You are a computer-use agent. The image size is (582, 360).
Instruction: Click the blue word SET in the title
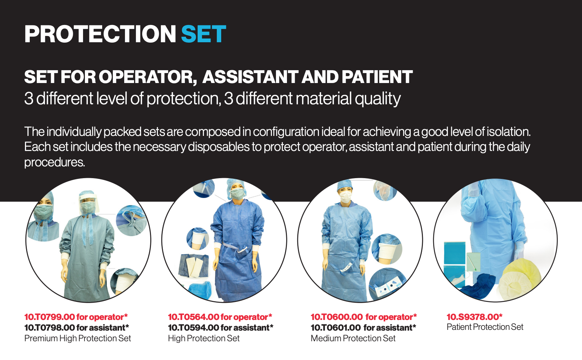pos(204,34)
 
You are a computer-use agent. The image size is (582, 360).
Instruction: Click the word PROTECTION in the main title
pos(100,34)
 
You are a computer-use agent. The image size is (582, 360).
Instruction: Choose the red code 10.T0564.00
pos(194,317)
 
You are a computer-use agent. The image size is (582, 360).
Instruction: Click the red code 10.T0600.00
pos(337,317)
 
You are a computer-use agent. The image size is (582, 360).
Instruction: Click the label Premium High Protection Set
pos(78,338)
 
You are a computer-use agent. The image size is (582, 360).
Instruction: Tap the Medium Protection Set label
pos(353,338)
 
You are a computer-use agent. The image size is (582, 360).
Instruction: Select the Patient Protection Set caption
pos(485,327)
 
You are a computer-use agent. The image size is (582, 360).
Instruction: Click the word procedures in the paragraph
pos(54,162)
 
